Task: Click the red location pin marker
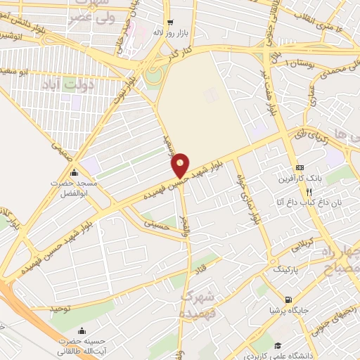click(x=181, y=165)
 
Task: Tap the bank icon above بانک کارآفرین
click(x=300, y=167)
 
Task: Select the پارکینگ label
click(x=285, y=269)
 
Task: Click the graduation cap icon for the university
click(x=279, y=345)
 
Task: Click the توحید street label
click(x=61, y=308)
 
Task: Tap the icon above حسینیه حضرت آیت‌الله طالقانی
click(x=82, y=330)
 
